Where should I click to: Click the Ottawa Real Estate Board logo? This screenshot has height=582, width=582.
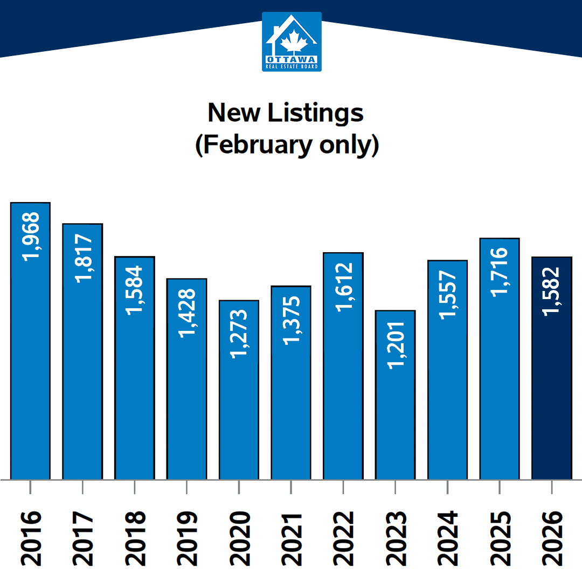(x=292, y=42)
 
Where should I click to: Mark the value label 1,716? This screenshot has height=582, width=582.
(x=500, y=271)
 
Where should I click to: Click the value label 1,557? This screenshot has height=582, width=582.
(x=447, y=294)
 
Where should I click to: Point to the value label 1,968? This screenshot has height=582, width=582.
(x=31, y=236)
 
